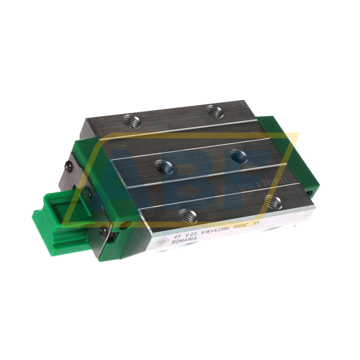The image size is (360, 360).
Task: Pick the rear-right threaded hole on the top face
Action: coord(212,109)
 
